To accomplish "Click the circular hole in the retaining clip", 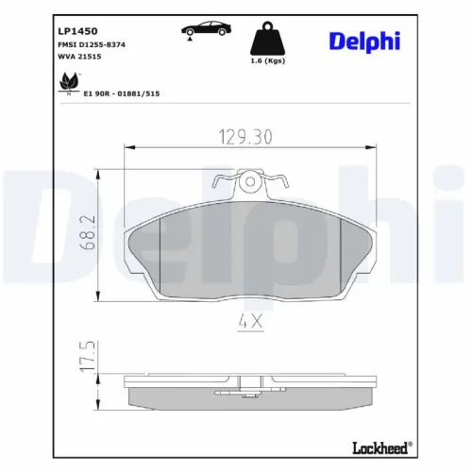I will click(251, 181).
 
